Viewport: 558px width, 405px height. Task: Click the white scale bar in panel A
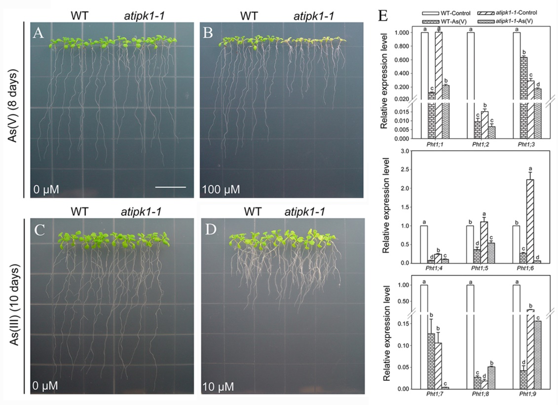[x=171, y=187]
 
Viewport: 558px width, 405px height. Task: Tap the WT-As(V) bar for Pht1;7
[x=432, y=361]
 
